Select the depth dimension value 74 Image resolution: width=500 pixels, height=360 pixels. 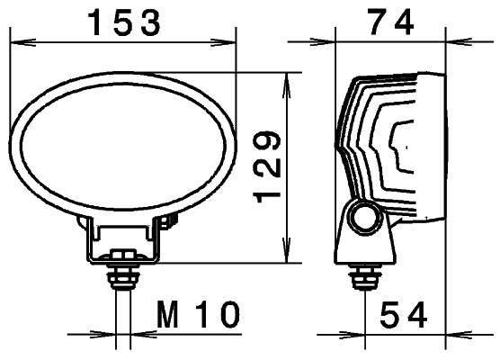pyautogui.click(x=390, y=22)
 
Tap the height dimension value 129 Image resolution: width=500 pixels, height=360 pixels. pyautogui.click(x=269, y=167)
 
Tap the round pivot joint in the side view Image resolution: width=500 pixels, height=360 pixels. pyautogui.click(x=364, y=217)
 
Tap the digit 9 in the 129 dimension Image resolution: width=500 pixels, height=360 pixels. pyautogui.click(x=269, y=142)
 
